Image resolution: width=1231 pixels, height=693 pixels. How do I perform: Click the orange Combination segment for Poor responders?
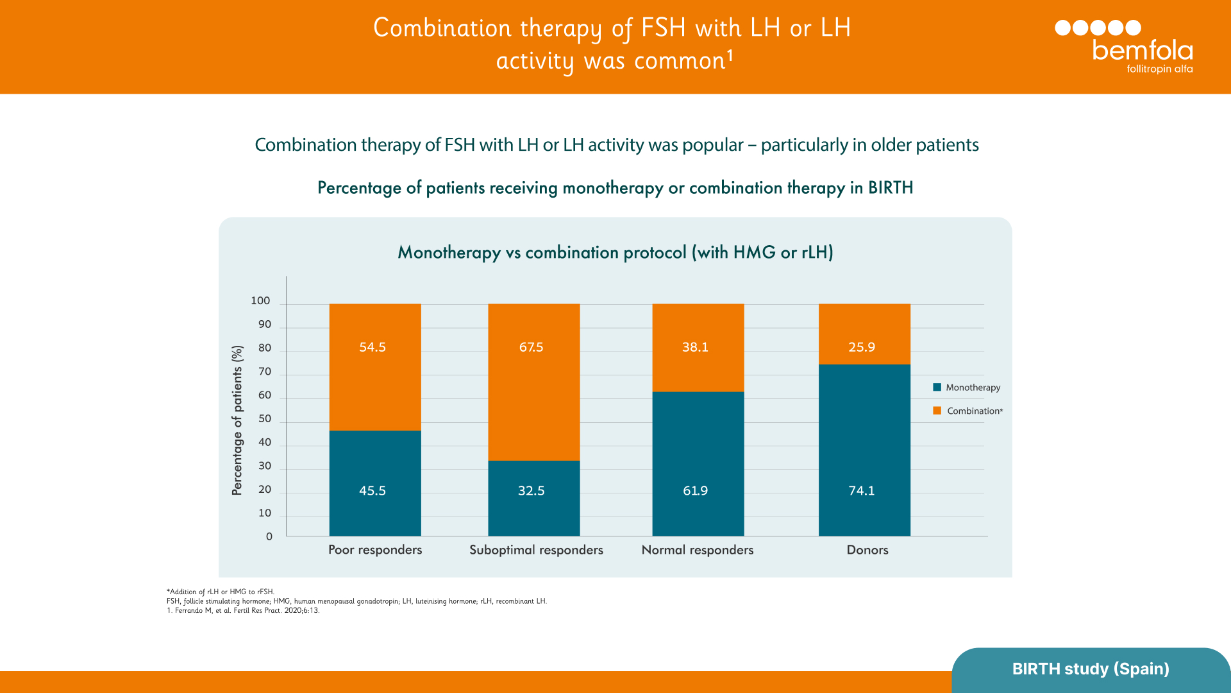tap(375, 385)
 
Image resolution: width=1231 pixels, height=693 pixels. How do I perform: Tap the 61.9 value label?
tap(695, 491)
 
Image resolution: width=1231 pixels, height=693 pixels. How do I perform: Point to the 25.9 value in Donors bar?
tap(861, 347)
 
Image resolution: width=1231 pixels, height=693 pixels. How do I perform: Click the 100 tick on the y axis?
tap(260, 301)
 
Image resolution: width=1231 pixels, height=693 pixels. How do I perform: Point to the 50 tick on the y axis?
tap(265, 419)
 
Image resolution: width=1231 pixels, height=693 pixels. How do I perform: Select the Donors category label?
tap(867, 550)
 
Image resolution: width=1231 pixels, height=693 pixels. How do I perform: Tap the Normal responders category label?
tap(697, 550)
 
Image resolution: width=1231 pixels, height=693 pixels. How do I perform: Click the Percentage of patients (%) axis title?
tap(237, 420)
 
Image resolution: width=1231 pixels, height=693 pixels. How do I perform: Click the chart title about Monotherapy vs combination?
tap(615, 252)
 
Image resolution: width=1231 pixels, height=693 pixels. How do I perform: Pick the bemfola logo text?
tap(1142, 51)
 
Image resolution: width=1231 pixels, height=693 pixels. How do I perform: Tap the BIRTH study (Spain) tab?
tap(1090, 669)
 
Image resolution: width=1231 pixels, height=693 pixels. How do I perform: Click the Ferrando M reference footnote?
tap(243, 610)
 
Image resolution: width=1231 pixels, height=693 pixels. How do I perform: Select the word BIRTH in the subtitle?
tap(890, 187)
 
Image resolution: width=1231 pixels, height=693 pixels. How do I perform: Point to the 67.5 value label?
tap(531, 347)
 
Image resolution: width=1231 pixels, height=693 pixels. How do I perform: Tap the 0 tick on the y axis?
tap(269, 537)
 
